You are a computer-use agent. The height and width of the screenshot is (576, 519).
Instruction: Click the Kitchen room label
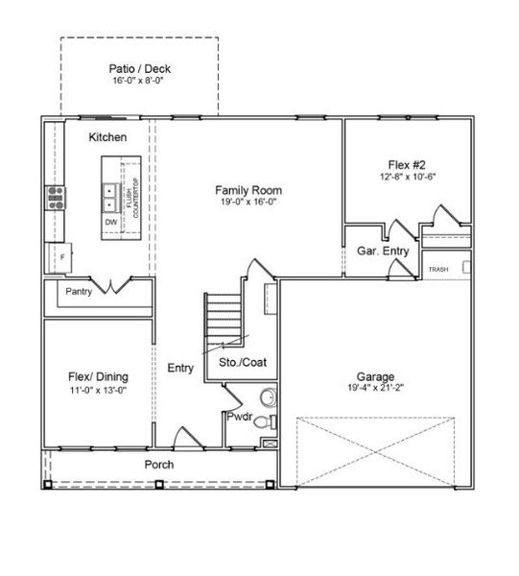[x=107, y=138]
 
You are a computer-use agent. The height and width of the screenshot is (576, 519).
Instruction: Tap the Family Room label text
[x=246, y=189]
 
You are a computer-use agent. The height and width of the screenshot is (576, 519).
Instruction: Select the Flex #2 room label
[x=408, y=164]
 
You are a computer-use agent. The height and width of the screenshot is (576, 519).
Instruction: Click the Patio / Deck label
[x=139, y=70]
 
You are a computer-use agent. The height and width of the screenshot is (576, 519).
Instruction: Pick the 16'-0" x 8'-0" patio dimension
[x=139, y=83]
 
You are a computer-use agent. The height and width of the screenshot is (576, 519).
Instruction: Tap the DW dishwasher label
[x=110, y=222]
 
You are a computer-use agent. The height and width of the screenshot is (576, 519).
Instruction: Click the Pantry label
[x=79, y=291]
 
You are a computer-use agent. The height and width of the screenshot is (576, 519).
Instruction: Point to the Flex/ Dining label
[x=98, y=376]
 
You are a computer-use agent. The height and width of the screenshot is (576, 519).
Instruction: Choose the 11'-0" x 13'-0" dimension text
[x=98, y=390]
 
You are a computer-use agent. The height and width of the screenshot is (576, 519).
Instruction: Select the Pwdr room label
[x=239, y=417]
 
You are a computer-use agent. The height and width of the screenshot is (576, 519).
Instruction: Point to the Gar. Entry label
[x=383, y=251]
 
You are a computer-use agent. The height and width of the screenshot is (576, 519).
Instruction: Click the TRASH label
[x=438, y=270]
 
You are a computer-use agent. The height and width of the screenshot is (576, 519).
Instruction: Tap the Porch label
[x=159, y=465]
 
